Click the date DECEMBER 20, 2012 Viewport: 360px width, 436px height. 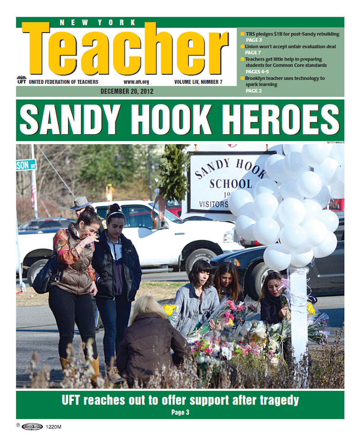127,91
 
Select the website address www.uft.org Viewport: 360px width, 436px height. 136,82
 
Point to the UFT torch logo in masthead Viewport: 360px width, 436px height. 21,80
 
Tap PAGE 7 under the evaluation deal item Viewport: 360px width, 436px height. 252,53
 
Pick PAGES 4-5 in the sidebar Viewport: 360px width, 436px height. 257,72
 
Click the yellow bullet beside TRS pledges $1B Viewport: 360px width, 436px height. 243,34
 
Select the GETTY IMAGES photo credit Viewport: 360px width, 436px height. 335,142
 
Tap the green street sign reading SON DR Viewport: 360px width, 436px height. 26,165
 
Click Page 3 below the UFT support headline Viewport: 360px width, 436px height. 180,412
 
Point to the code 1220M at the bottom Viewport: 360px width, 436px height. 53,427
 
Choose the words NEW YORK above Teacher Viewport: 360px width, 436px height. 97,22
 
